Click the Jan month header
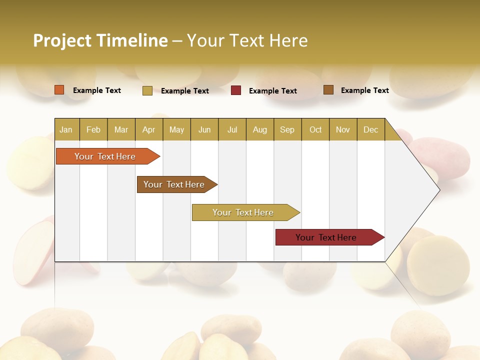(x=66, y=129)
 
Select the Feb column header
(x=93, y=129)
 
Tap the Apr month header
(x=148, y=129)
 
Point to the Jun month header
(x=204, y=129)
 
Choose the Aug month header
(x=259, y=129)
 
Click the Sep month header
(x=287, y=129)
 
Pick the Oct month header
(x=315, y=129)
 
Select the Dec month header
(x=370, y=129)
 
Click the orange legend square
(x=59, y=90)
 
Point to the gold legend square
(x=147, y=90)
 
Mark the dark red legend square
(x=236, y=90)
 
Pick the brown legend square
(x=328, y=90)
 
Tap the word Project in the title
(x=62, y=40)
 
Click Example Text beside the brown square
(x=364, y=90)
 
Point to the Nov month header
(x=342, y=129)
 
